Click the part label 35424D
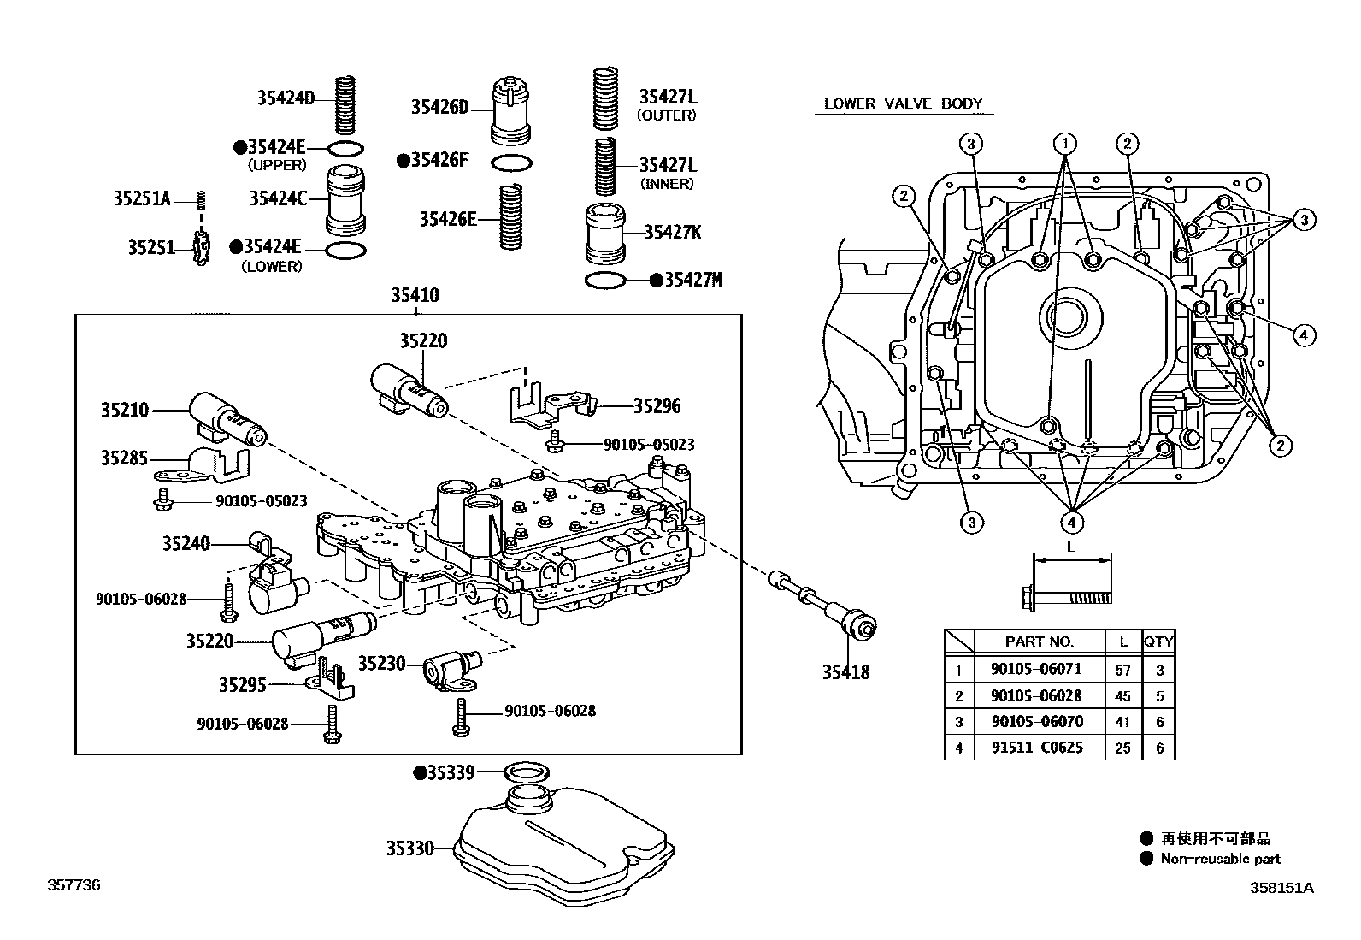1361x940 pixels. (x=286, y=98)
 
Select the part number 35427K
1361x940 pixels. (x=672, y=232)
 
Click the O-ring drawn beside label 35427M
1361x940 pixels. (x=605, y=281)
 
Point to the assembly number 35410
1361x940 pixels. (x=415, y=295)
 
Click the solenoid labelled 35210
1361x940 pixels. (x=227, y=417)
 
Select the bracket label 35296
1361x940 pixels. (x=657, y=406)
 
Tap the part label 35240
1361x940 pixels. (x=186, y=543)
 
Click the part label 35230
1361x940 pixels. (x=381, y=663)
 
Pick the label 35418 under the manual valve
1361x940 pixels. (x=845, y=672)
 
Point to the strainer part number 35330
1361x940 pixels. (x=409, y=848)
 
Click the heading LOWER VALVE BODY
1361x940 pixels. (x=903, y=103)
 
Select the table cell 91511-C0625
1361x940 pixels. (x=1037, y=747)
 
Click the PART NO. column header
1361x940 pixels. (x=1039, y=641)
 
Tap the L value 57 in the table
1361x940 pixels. (x=1122, y=670)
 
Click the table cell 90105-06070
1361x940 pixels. (x=1037, y=721)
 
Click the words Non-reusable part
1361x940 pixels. (x=1220, y=859)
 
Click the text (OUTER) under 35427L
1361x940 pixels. (x=668, y=115)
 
